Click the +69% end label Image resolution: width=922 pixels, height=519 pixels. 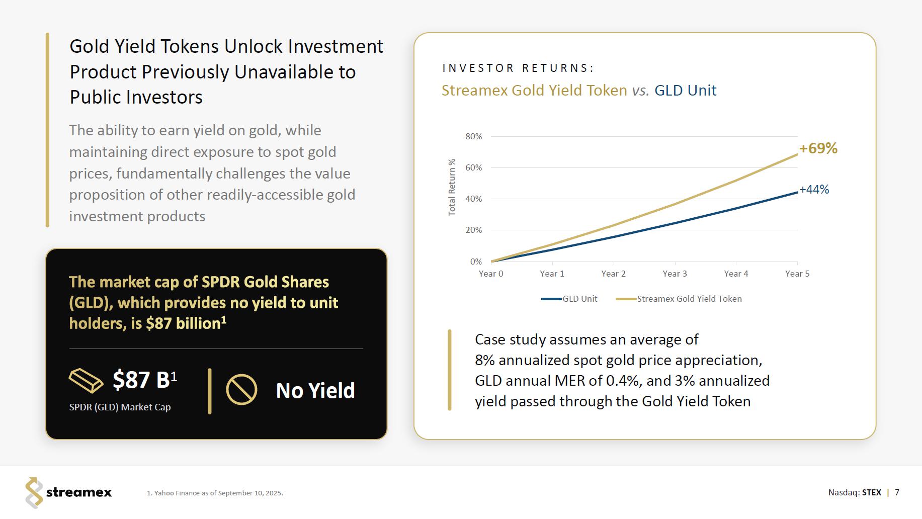818,148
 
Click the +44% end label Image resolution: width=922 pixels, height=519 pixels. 814,190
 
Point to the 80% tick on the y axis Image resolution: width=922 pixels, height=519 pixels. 473,136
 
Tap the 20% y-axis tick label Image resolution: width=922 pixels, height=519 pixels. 473,230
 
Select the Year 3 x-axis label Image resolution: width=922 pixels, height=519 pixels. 675,274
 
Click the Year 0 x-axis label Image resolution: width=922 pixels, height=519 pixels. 490,274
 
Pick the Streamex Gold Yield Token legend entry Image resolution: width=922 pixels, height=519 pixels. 680,299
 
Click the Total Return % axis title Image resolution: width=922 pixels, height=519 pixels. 452,187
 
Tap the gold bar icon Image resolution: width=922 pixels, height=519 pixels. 86,380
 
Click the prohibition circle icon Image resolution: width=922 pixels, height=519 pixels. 241,390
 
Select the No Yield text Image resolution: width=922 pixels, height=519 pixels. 315,391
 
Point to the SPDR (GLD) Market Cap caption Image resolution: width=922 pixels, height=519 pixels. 120,407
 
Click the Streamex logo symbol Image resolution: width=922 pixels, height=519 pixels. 34,492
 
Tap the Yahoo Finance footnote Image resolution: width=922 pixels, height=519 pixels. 215,493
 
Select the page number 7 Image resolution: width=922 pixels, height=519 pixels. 897,492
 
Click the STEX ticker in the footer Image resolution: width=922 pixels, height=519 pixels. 871,492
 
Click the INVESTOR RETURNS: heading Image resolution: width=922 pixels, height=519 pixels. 518,68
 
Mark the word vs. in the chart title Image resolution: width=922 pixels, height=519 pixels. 640,91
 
